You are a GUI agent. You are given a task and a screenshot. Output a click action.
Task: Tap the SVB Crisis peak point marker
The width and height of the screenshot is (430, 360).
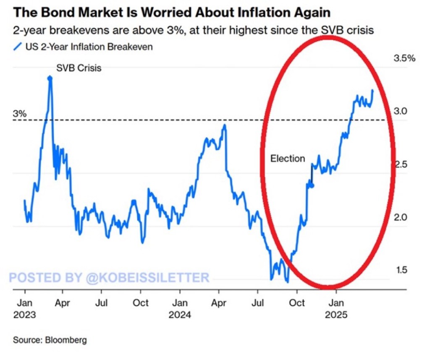50,78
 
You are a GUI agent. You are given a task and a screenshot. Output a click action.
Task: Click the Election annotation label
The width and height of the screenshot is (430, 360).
288,159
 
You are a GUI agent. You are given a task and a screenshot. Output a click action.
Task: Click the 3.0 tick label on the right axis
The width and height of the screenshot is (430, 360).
404,112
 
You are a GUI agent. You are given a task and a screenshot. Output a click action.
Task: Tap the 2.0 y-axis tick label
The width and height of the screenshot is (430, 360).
404,217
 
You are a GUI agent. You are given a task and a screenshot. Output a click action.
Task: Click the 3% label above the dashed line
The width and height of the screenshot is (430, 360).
20,114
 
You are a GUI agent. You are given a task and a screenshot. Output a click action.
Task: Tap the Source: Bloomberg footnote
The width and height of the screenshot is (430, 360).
50,340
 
